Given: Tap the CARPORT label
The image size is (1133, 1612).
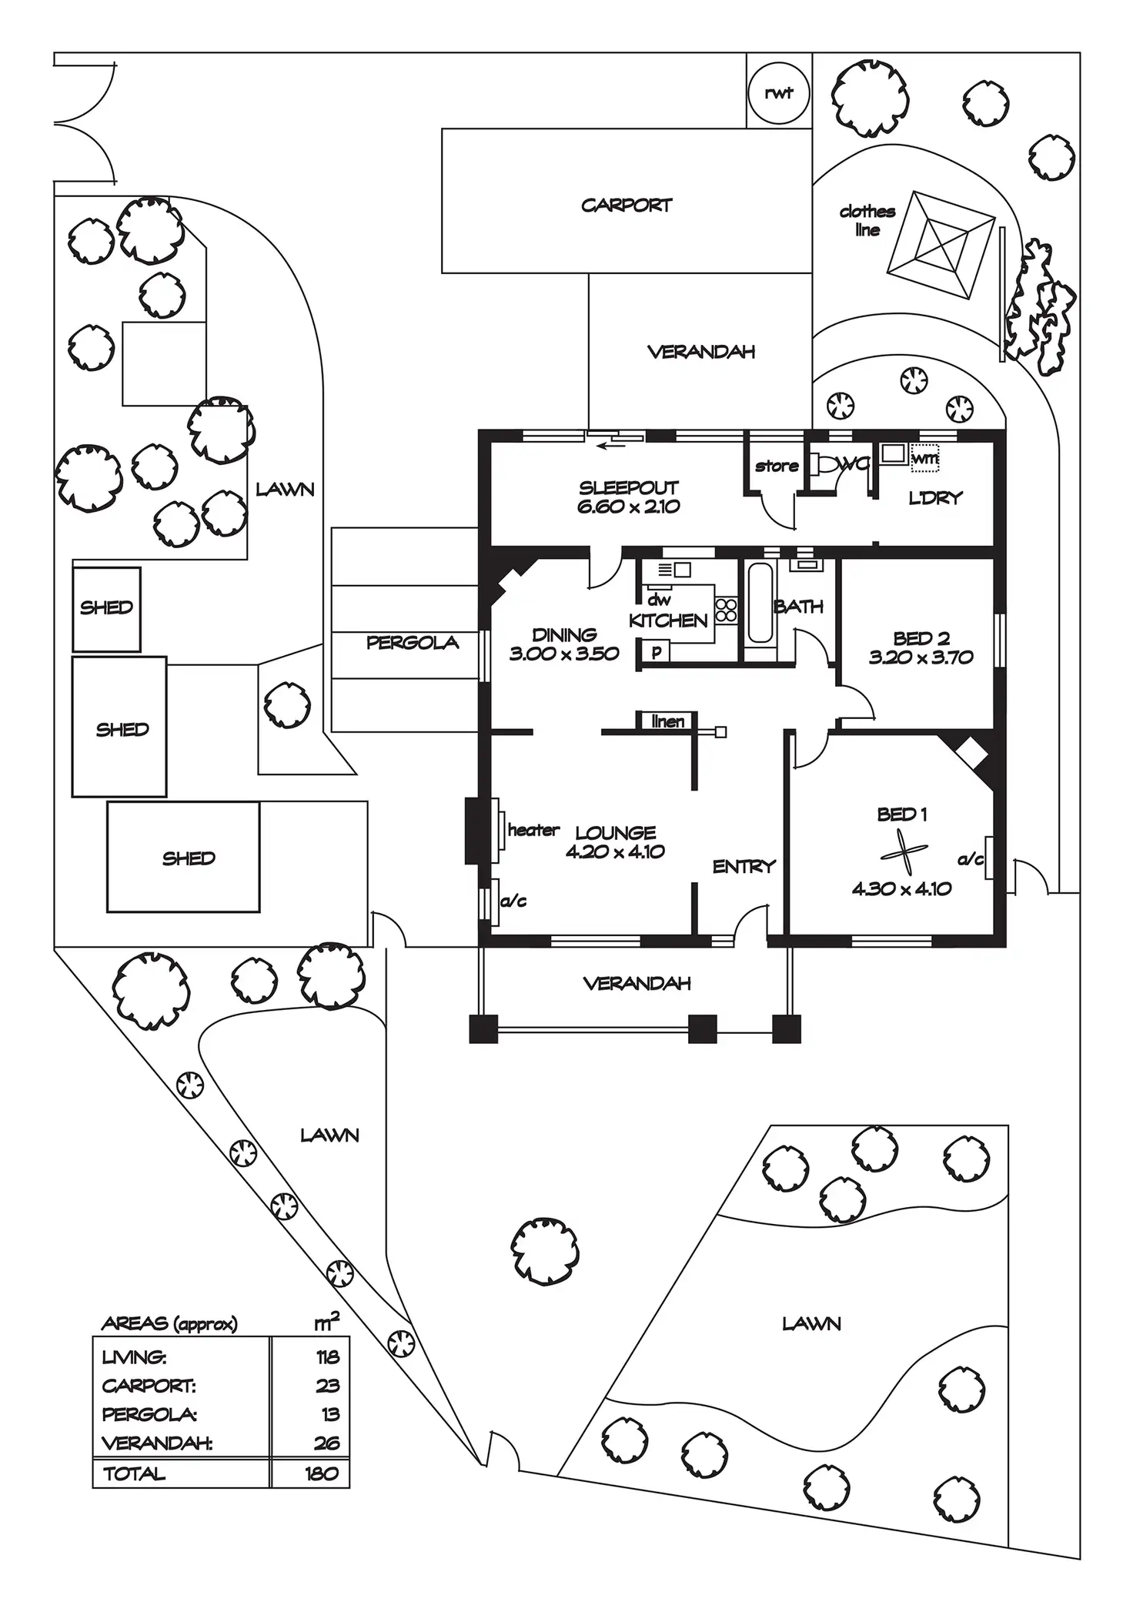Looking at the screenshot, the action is tap(627, 206).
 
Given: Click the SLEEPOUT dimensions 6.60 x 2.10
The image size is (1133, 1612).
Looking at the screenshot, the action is tap(628, 507).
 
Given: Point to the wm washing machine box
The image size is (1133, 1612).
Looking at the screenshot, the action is tap(925, 458).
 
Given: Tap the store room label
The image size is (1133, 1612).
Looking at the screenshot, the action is tap(777, 466).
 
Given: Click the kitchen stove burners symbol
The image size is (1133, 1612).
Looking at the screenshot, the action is tap(727, 610).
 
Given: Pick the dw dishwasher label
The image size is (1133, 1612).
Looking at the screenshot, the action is tap(659, 600).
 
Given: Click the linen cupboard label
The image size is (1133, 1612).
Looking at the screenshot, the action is tap(667, 721).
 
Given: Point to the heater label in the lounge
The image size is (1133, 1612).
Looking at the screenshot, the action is tap(533, 830).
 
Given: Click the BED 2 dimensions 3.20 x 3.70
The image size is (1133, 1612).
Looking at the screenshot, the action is tap(921, 657).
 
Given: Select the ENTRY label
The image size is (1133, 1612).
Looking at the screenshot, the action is tap(744, 867).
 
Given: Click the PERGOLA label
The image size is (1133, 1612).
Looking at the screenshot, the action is tap(413, 643).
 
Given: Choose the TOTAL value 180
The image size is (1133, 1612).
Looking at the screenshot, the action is tap(321, 1473).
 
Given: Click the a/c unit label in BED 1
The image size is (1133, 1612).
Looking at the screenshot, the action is tap(971, 858).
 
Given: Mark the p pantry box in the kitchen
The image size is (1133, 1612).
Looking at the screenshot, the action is tap(657, 652).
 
